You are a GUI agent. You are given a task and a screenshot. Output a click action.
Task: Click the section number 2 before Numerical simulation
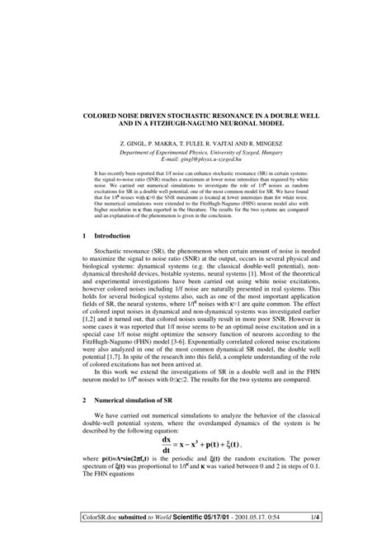click(86, 421)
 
